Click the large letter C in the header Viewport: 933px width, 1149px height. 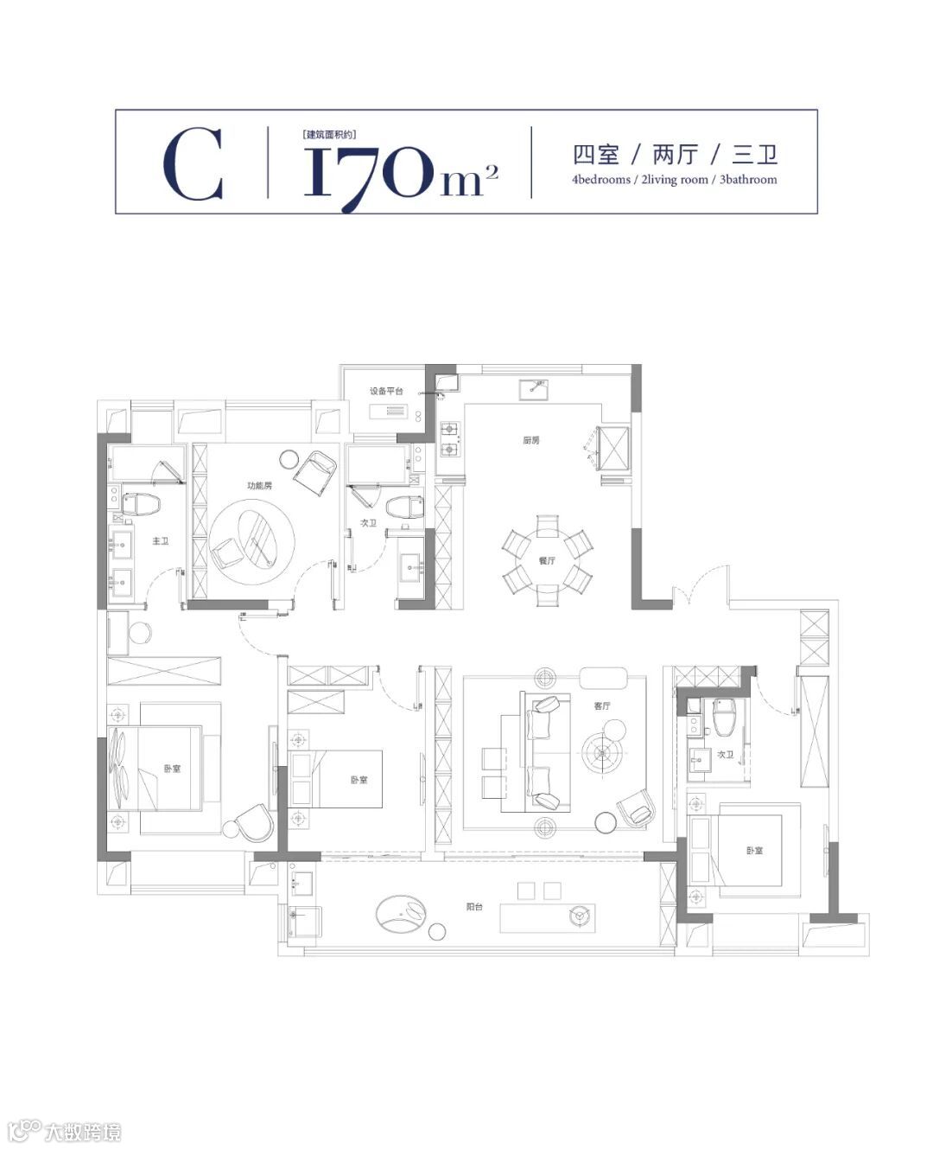coord(193,163)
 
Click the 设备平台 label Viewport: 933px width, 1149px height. coord(386,391)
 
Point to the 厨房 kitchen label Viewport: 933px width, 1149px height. coord(531,440)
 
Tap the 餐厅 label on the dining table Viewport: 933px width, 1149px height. coord(547,560)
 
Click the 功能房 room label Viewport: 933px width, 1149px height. coord(260,486)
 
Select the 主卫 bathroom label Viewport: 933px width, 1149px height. coord(161,540)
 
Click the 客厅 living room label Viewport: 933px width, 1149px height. coord(602,705)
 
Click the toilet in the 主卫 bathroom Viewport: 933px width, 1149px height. coord(141,504)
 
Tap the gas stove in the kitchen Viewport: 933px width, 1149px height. coord(450,439)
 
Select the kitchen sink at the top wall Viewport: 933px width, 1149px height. coord(534,389)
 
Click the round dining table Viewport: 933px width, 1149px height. coord(547,560)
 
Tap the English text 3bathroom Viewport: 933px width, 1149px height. coord(748,180)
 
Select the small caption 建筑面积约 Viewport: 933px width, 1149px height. coord(329,134)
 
